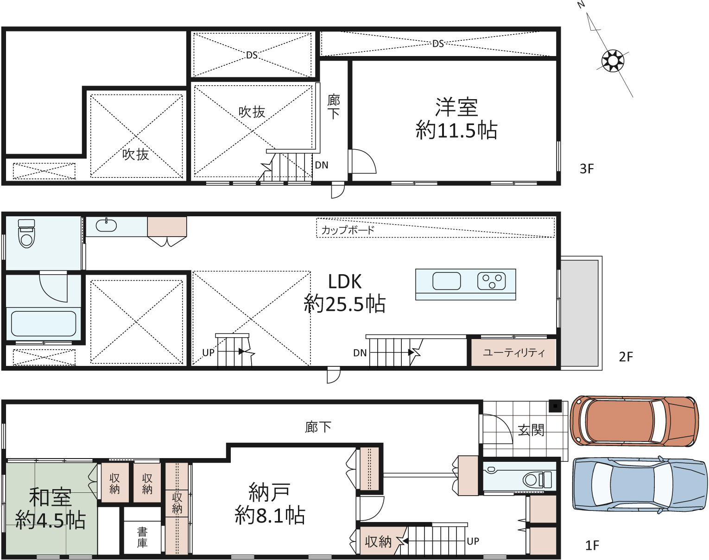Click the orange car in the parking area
[x=634, y=422]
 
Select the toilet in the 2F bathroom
[x=26, y=233]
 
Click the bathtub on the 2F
[x=44, y=323]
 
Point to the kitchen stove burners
[x=492, y=281]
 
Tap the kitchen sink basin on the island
[x=446, y=281]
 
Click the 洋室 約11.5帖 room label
[x=456, y=119]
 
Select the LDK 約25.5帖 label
[x=345, y=293]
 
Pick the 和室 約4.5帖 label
[x=51, y=509]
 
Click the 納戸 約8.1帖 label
[x=270, y=503]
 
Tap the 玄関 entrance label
[x=531, y=430]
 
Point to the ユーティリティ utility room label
[x=514, y=353]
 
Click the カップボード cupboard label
[x=348, y=230]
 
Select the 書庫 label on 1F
[x=142, y=537]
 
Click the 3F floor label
[x=587, y=169]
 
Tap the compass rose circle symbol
[x=613, y=61]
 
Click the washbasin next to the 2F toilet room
[x=106, y=225]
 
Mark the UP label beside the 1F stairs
[x=473, y=541]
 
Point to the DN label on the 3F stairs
[x=322, y=165]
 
